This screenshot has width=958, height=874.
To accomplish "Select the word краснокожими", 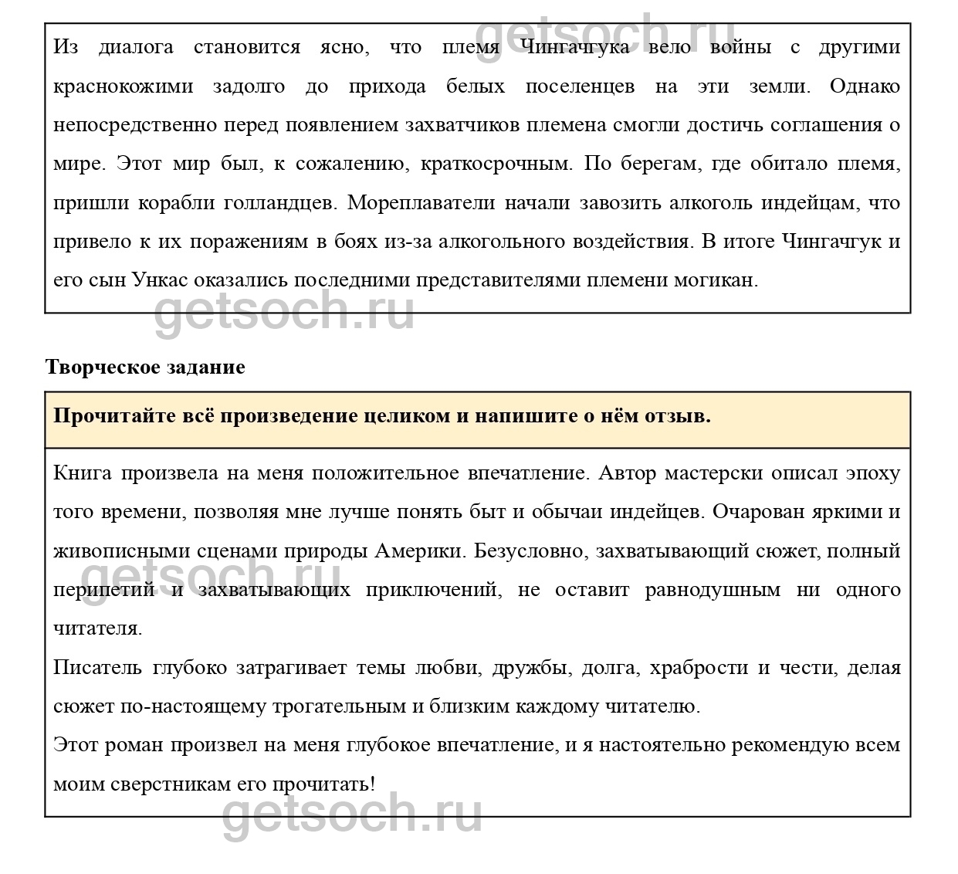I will click(x=124, y=86).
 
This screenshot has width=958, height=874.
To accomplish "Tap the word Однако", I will click(x=865, y=86).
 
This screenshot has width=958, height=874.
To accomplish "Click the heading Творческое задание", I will click(x=145, y=368).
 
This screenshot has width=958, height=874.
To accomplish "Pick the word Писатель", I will click(x=97, y=668).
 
